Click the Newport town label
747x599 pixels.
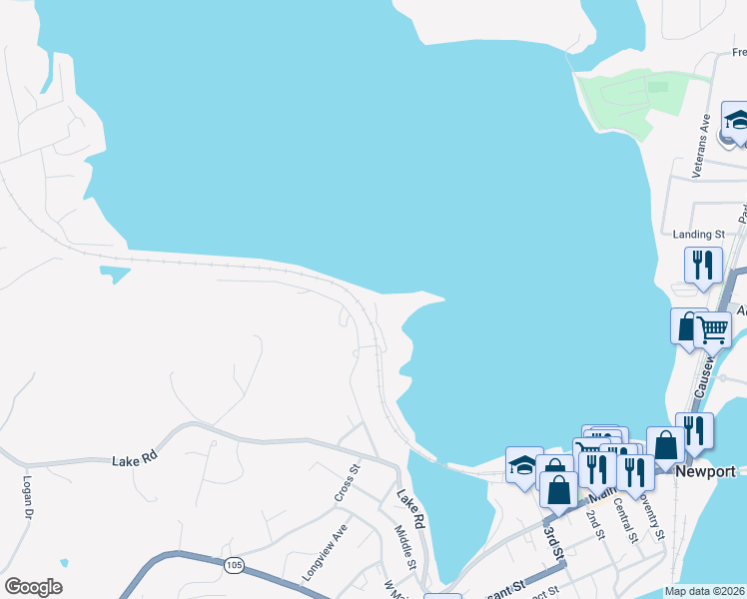pyautogui.click(x=705, y=471)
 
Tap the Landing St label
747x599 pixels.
pyautogui.click(x=698, y=235)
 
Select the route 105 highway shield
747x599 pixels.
pyautogui.click(x=234, y=566)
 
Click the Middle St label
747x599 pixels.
pyautogui.click(x=404, y=544)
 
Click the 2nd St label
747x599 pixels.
pyautogui.click(x=595, y=523)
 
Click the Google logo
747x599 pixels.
pyautogui.click(x=33, y=587)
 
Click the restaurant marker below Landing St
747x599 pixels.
pyautogui.click(x=703, y=266)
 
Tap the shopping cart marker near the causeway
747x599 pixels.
pyautogui.click(x=712, y=328)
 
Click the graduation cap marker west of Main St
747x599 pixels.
pyautogui.click(x=524, y=464)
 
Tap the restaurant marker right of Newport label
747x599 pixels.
pyautogui.click(x=694, y=430)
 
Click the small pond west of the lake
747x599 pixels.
pyautogui.click(x=115, y=272)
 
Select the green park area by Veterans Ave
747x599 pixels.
pyautogui.click(x=634, y=98)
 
